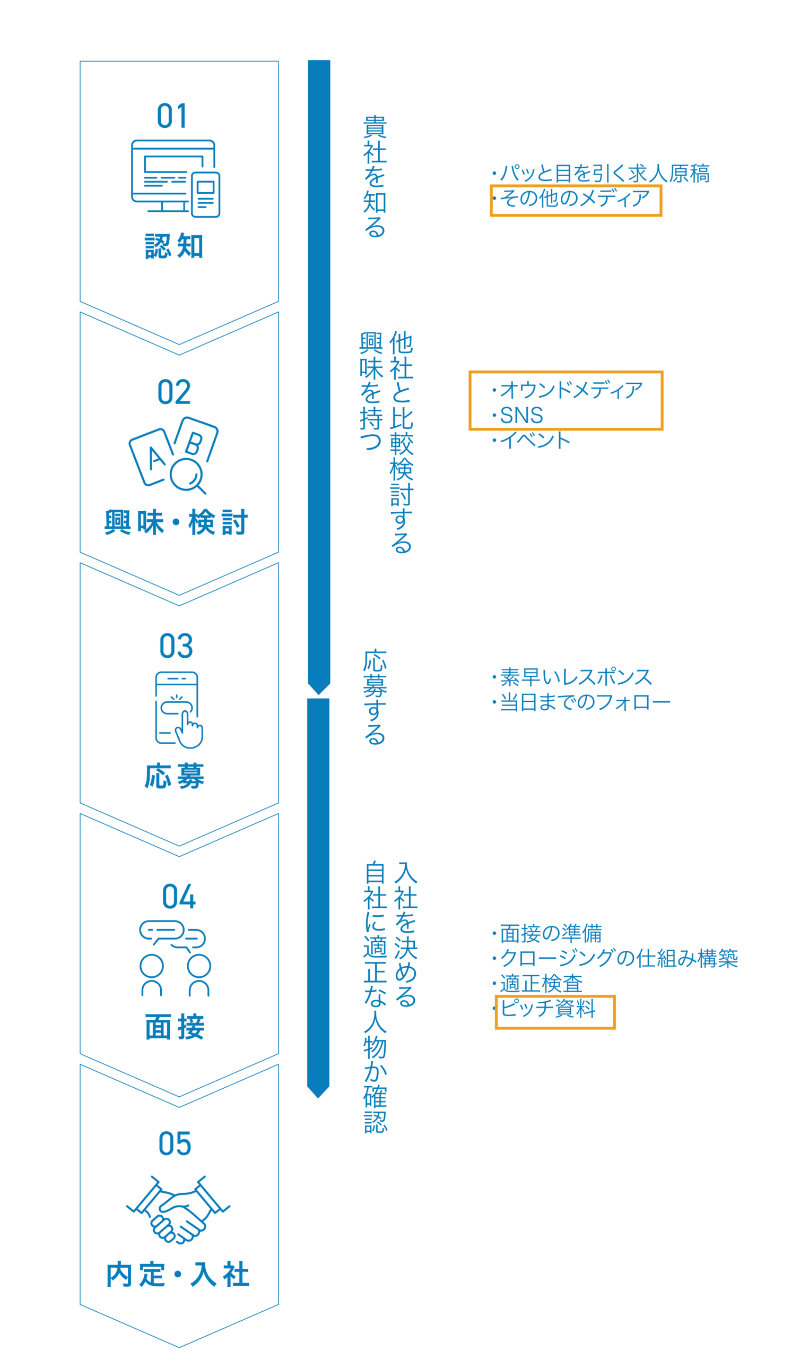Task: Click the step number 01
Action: coord(172,116)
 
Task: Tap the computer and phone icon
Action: coord(176,179)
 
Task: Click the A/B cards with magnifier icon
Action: coord(173,455)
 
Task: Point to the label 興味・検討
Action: coord(176,522)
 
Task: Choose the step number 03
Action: coord(176,646)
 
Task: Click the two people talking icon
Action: coord(175,959)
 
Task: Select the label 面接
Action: coord(175,1027)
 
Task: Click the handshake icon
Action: coord(178,1209)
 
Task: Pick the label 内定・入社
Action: coord(178,1275)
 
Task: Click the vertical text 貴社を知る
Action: coord(375,176)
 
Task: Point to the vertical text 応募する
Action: coord(375,697)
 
